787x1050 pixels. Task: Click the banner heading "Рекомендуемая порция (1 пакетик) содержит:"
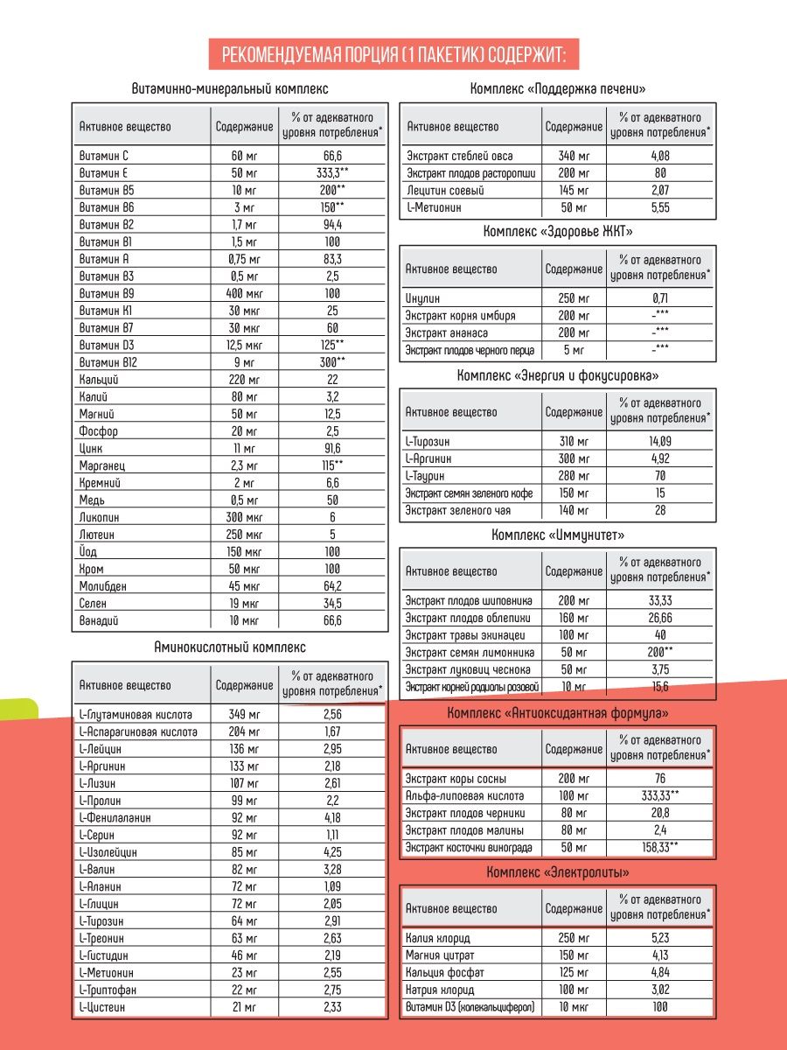393,55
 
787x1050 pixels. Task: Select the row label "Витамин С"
104,156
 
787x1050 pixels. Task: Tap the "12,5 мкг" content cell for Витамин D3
244,346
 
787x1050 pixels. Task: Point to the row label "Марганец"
103,466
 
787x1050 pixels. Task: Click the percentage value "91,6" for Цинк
331,449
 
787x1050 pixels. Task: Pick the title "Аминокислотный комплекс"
230,647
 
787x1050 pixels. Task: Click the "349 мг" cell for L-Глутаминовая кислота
244,714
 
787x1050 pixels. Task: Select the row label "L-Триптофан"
108,990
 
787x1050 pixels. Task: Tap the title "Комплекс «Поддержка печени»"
558,89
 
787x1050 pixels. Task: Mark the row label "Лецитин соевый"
446,191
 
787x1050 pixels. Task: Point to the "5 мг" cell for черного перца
574,350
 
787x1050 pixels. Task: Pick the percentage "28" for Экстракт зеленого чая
660,511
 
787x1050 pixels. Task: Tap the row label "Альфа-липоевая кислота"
464,796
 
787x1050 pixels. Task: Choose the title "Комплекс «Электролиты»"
558,872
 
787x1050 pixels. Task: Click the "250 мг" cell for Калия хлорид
574,938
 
